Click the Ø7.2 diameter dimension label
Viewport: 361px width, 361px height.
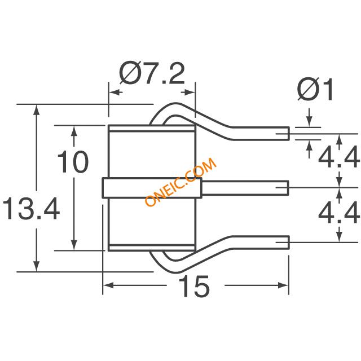pos(152,73)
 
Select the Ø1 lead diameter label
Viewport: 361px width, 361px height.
pos(315,89)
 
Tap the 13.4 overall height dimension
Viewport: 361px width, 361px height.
pos(31,209)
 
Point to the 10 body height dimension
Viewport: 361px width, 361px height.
pos(73,162)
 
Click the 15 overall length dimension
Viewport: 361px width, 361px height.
pos(194,286)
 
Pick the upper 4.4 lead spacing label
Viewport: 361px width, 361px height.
pos(338,157)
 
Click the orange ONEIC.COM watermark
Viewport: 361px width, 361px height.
pos(180,182)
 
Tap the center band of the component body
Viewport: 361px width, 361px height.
pos(152,188)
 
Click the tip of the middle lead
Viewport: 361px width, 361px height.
pos(288,188)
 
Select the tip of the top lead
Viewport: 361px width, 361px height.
pos(289,133)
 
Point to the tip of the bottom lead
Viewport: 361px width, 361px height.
pos(289,242)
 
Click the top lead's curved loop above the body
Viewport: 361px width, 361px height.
pos(176,104)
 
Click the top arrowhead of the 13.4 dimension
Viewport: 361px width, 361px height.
pos(36,109)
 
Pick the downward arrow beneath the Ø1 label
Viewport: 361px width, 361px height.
pos(310,117)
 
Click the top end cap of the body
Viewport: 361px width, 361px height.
pos(152,128)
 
